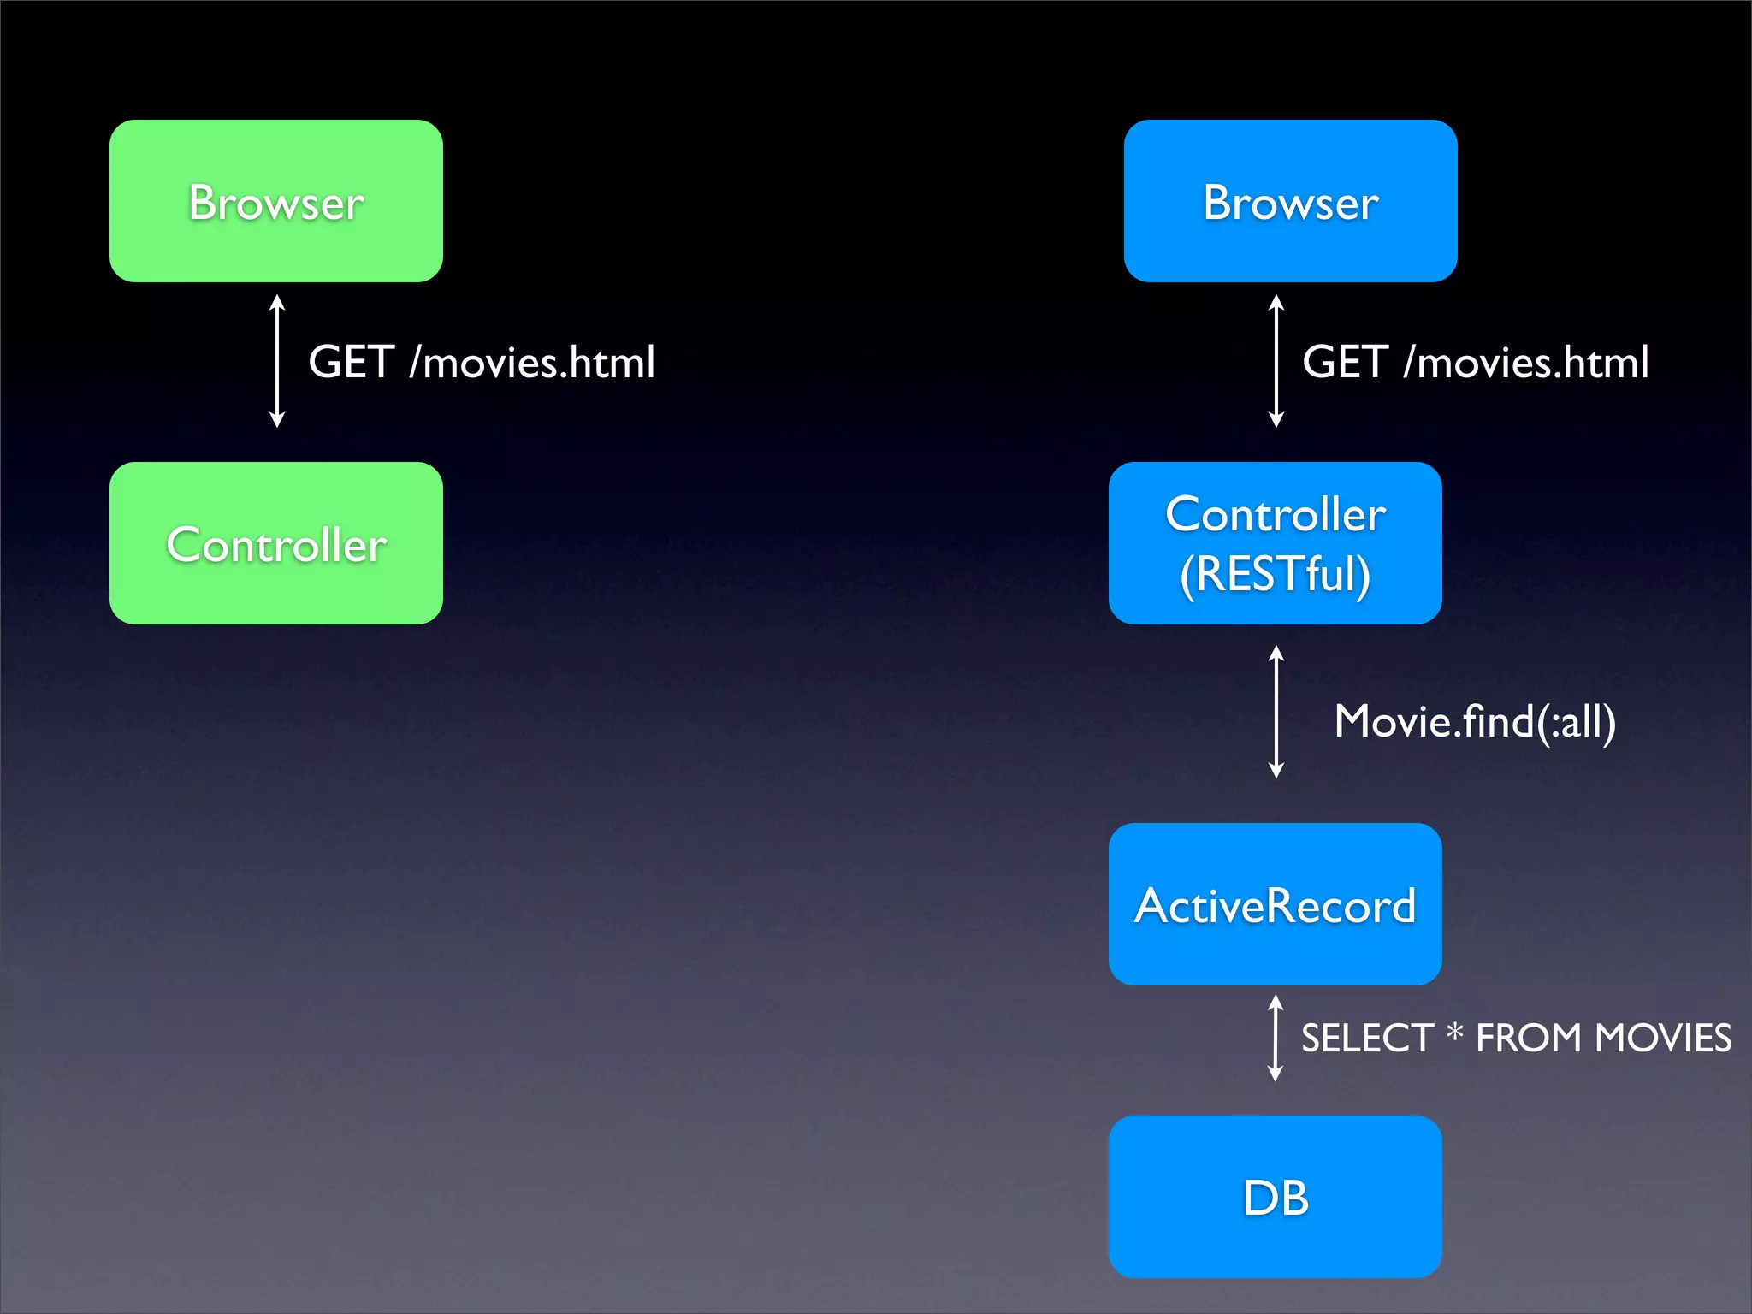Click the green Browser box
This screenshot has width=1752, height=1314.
275,201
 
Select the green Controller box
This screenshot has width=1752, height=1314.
275,543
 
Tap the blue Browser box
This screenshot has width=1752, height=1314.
1290,201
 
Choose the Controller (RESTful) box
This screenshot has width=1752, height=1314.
1275,543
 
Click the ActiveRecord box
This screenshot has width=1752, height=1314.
1275,904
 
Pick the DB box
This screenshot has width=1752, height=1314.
1275,1197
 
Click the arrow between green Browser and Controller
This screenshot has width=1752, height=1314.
276,361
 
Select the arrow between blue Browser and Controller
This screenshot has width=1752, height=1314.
1276,361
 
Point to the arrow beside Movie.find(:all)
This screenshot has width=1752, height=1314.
1276,712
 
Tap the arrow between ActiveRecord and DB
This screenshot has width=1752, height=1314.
1275,1038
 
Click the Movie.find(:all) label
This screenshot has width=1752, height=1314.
1475,722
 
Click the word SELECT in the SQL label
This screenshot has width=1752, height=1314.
1367,1039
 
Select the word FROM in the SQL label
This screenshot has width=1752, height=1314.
1529,1039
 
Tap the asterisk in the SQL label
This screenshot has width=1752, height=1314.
1454,1033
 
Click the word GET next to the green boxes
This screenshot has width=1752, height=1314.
351,362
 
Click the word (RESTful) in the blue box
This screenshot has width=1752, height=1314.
1275,574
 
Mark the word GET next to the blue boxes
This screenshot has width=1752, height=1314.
1345,362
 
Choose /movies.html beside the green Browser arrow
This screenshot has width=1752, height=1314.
532,362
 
